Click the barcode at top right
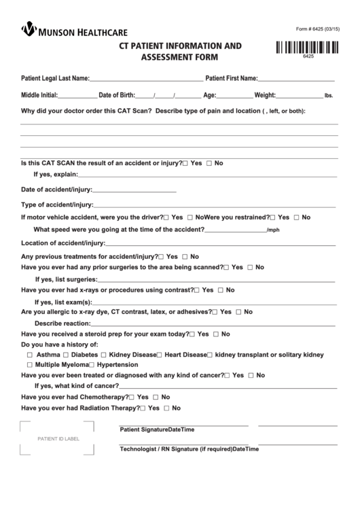tap(308, 48)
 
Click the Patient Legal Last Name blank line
tap(145, 80)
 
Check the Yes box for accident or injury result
tap(185, 164)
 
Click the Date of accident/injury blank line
tap(134, 191)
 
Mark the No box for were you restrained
tap(296, 217)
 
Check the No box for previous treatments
tap(185, 257)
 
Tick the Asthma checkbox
tap(29, 355)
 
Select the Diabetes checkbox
tap(66, 355)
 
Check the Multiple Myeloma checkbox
tap(29, 365)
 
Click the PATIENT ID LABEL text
tap(54, 438)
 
